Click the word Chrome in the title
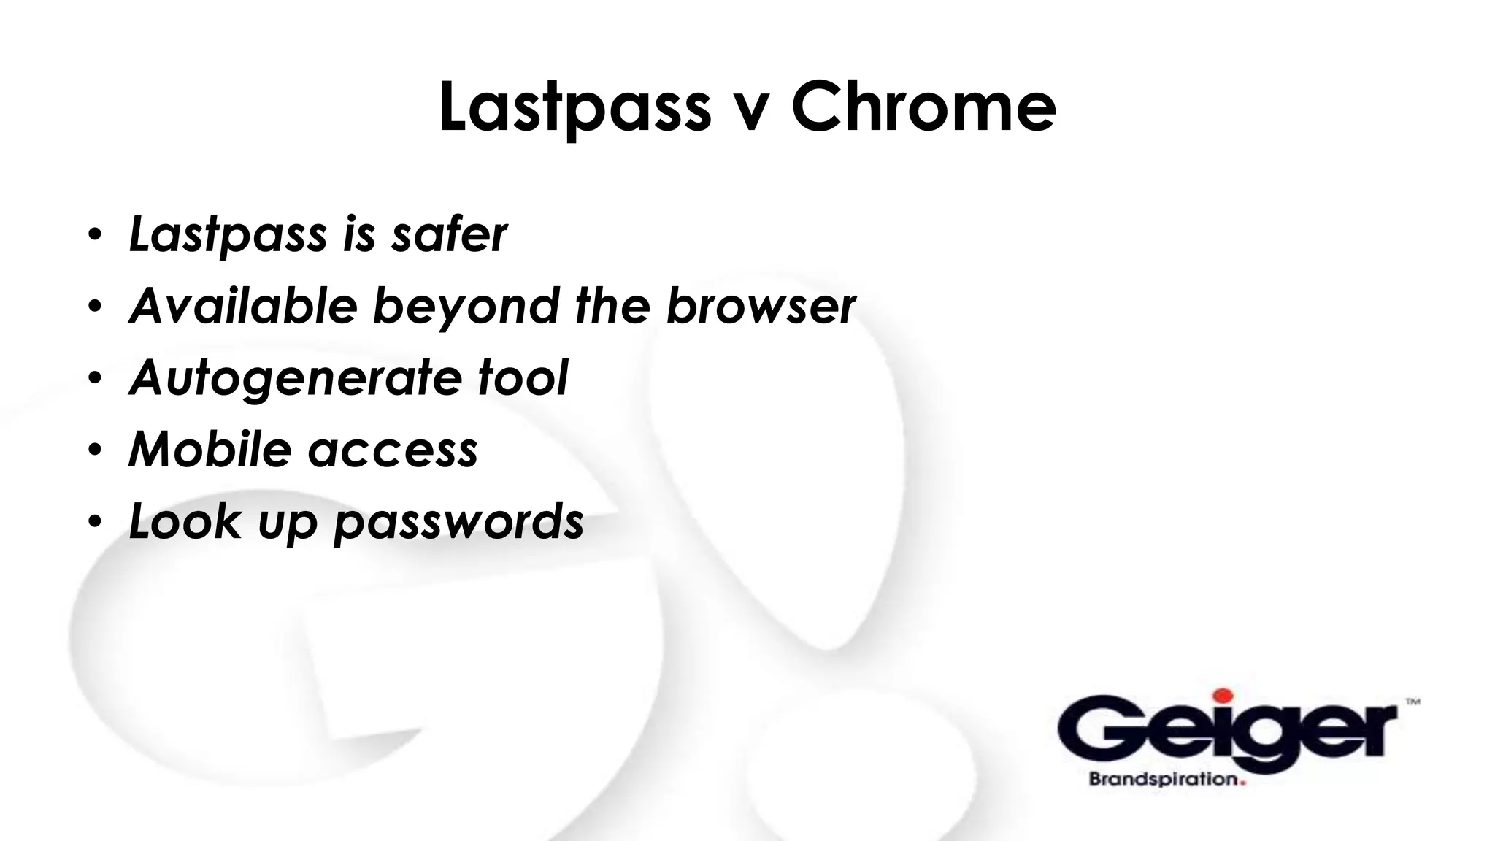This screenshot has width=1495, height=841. point(923,107)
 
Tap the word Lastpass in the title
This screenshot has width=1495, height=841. point(574,107)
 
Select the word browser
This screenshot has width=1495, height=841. point(761,307)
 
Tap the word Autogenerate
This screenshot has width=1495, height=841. point(295,378)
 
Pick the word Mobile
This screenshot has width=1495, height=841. point(210,448)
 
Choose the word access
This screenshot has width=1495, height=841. point(393,450)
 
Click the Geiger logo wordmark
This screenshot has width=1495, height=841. point(1226,730)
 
